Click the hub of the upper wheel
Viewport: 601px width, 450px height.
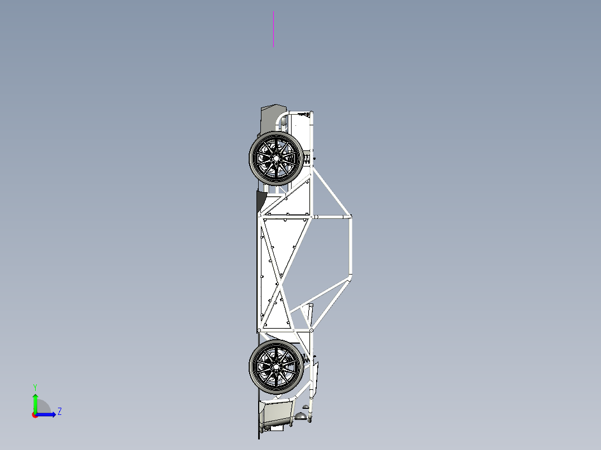click(275, 158)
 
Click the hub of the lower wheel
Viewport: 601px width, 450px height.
click(275, 366)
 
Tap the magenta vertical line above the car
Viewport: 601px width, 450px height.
click(273, 29)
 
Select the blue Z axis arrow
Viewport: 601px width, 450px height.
click(47, 414)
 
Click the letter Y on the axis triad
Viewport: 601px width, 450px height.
click(35, 387)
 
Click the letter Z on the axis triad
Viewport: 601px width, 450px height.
click(59, 412)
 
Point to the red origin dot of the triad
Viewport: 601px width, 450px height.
click(35, 415)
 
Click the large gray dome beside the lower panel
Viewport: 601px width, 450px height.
click(300, 415)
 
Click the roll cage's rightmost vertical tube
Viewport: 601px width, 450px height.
click(351, 245)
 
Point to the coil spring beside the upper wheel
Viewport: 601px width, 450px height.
click(308, 159)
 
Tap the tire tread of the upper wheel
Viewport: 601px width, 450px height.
click(253, 158)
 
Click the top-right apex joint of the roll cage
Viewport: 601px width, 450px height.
click(350, 216)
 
